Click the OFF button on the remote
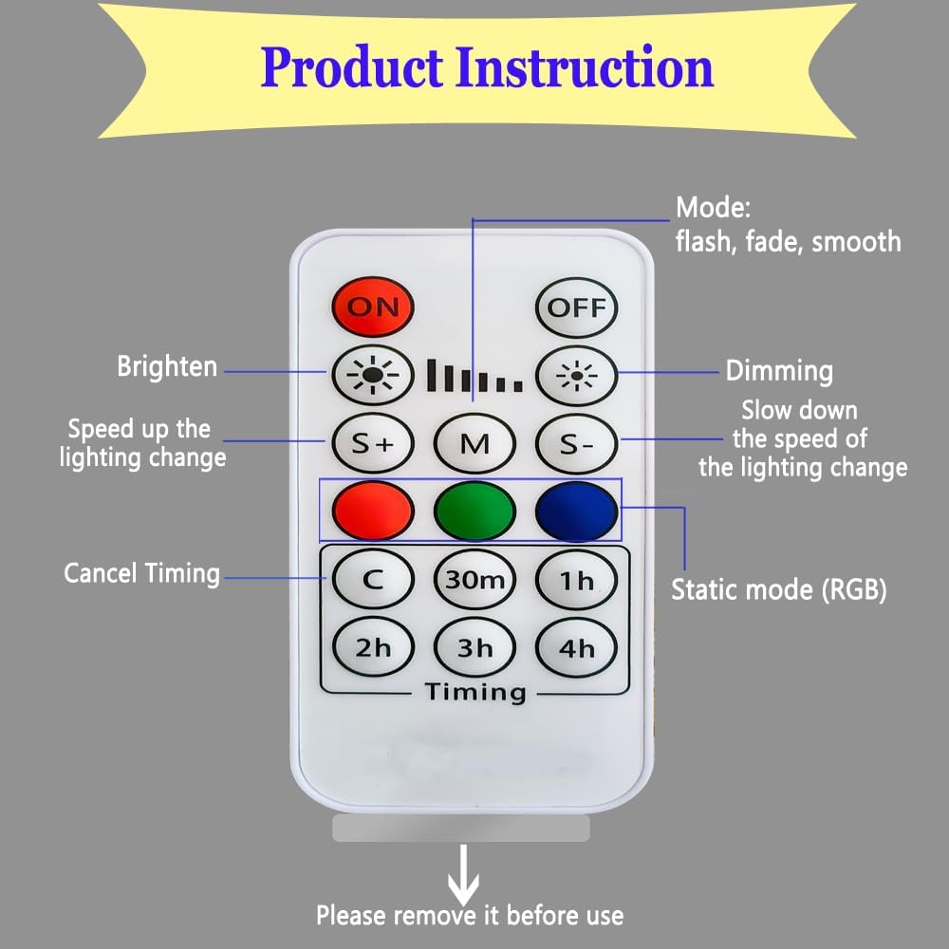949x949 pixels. point(576,307)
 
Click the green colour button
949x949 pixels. point(474,512)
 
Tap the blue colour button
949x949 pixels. point(576,512)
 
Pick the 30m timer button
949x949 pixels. point(474,579)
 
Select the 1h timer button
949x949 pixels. point(576,579)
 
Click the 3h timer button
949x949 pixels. point(474,648)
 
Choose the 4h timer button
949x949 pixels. point(576,648)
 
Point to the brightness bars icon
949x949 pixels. point(474,377)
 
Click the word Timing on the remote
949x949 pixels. point(474,692)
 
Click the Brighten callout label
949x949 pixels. point(167,366)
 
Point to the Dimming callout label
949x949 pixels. point(779,371)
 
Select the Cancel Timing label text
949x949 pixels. point(141,573)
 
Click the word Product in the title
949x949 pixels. point(352,68)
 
